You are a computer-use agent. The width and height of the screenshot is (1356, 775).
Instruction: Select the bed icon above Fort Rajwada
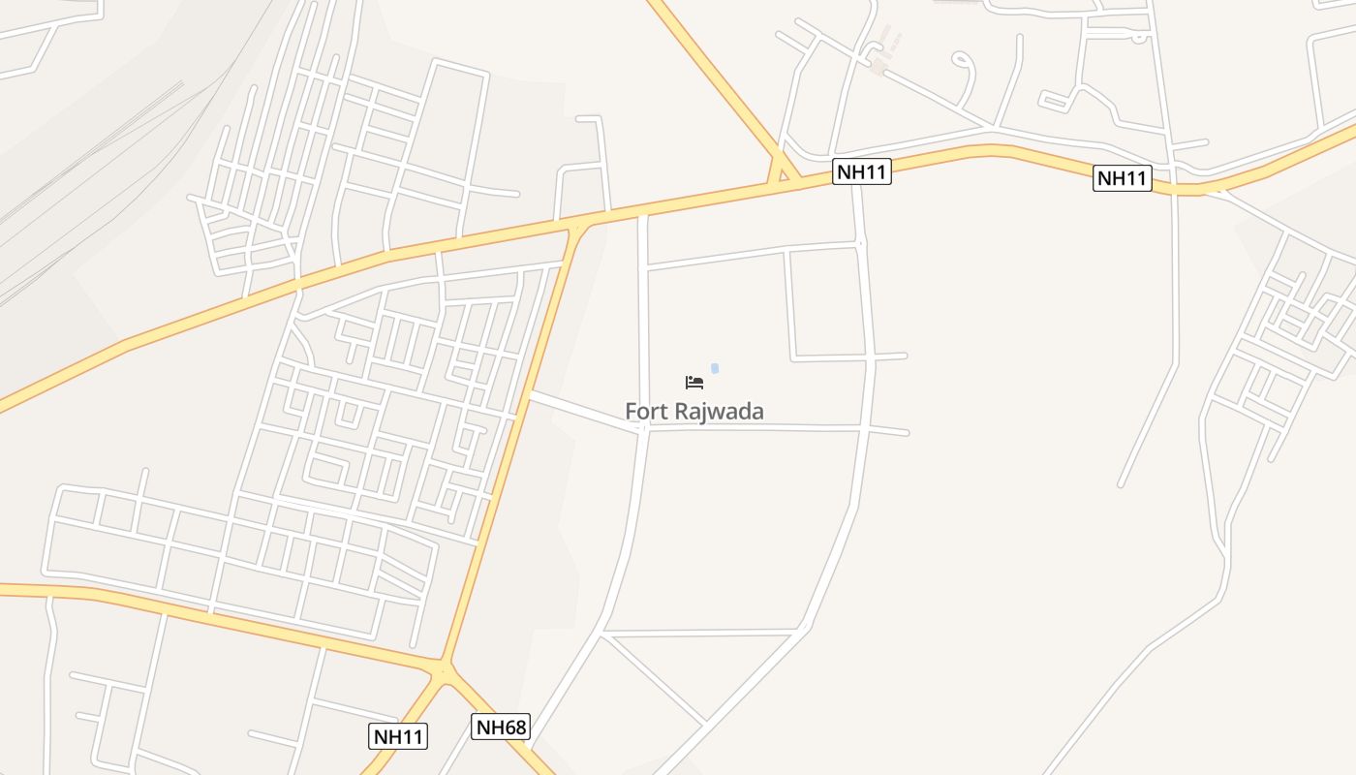coord(694,383)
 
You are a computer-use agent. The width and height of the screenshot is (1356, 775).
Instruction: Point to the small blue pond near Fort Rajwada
coord(715,368)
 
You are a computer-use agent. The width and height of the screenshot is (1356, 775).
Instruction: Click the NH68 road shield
coord(501,727)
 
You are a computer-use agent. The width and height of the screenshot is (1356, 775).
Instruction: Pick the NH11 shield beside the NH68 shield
coord(399,736)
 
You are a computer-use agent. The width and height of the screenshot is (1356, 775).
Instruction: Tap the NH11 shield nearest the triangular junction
coord(862,172)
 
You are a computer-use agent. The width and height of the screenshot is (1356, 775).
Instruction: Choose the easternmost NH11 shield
coord(1123,178)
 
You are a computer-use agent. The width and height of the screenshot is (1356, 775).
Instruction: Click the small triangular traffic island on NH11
coord(782,174)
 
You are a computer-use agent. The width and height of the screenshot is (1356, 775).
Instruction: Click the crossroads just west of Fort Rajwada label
coord(644,427)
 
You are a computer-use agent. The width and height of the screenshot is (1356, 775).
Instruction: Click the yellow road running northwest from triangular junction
coord(717,77)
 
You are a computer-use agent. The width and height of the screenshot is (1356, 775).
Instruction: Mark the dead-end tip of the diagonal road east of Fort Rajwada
coord(1121,484)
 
